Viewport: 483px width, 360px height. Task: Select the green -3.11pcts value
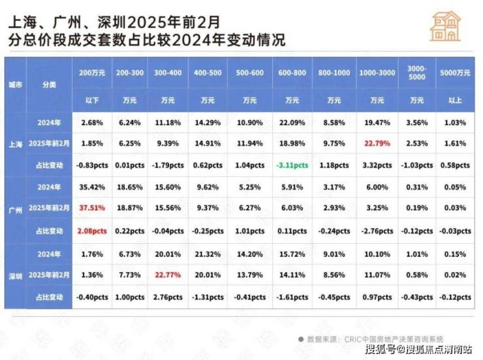click(292, 166)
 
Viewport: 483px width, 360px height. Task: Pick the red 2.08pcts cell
click(92, 232)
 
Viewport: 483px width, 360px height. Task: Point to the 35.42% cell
click(92, 188)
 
